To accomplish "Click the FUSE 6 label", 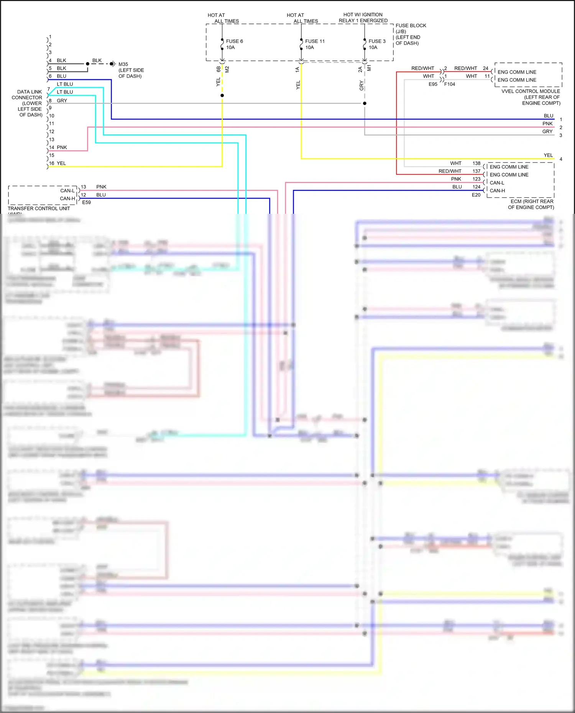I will point(234,41).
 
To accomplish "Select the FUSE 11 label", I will point(315,41).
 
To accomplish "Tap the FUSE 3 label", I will point(377,41).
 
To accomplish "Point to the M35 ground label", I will point(123,64).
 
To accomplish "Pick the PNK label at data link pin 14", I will point(62,148).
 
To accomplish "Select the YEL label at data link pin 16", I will point(61,163).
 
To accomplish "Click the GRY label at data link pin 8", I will point(62,101).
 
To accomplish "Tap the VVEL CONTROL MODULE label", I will point(531,92).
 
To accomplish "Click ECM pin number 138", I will point(476,163).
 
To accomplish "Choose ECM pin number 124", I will point(476,187).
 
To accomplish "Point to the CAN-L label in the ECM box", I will point(497,183).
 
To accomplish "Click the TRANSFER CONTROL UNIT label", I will point(39,208).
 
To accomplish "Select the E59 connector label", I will point(87,202).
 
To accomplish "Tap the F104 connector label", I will point(450,84).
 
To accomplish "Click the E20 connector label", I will point(476,195).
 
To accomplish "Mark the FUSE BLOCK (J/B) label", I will point(411,28).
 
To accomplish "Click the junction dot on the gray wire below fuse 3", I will point(365,103).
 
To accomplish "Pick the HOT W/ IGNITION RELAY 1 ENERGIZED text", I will point(363,18).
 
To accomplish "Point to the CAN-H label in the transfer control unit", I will point(67,198).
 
